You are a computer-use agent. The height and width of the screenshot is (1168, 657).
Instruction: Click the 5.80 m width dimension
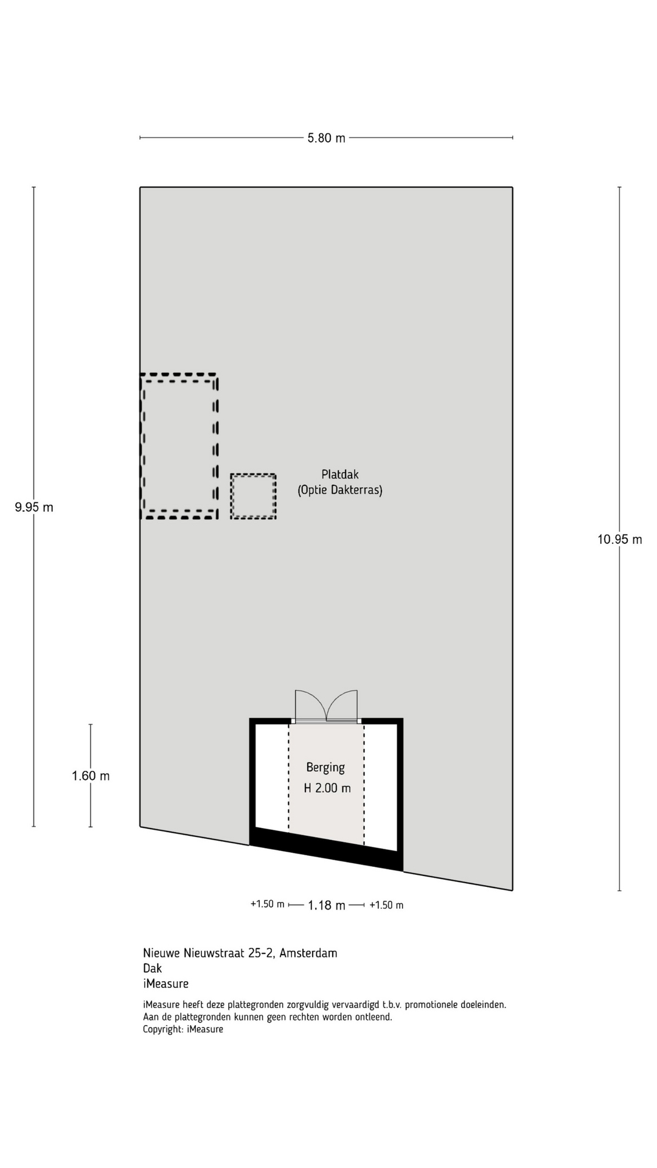(326, 138)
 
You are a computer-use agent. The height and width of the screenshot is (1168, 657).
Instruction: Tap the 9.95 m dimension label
(34, 507)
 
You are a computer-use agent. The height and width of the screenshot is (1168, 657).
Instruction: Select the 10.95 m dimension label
(619, 539)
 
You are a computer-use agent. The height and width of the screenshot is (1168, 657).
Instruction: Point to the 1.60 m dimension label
(91, 776)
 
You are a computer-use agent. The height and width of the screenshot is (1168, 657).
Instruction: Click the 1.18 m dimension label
(327, 905)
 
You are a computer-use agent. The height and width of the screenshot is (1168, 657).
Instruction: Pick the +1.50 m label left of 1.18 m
(267, 904)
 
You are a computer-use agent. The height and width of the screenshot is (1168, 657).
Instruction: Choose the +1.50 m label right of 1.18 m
(386, 905)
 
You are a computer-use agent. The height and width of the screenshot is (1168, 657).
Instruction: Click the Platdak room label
(340, 474)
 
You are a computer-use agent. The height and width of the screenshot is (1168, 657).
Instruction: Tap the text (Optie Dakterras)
(340, 490)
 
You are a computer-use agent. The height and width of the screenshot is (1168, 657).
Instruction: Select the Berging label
(325, 768)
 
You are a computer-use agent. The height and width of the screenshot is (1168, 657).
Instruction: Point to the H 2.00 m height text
(327, 788)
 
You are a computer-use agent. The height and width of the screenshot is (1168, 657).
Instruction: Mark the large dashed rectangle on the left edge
(217, 446)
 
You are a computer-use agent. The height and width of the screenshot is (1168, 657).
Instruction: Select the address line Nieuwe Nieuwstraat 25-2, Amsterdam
(240, 953)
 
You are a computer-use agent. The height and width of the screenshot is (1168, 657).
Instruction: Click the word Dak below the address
(153, 968)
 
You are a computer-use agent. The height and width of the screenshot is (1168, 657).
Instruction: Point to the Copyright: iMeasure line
(183, 1029)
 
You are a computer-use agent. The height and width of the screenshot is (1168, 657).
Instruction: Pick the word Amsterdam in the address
(308, 953)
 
